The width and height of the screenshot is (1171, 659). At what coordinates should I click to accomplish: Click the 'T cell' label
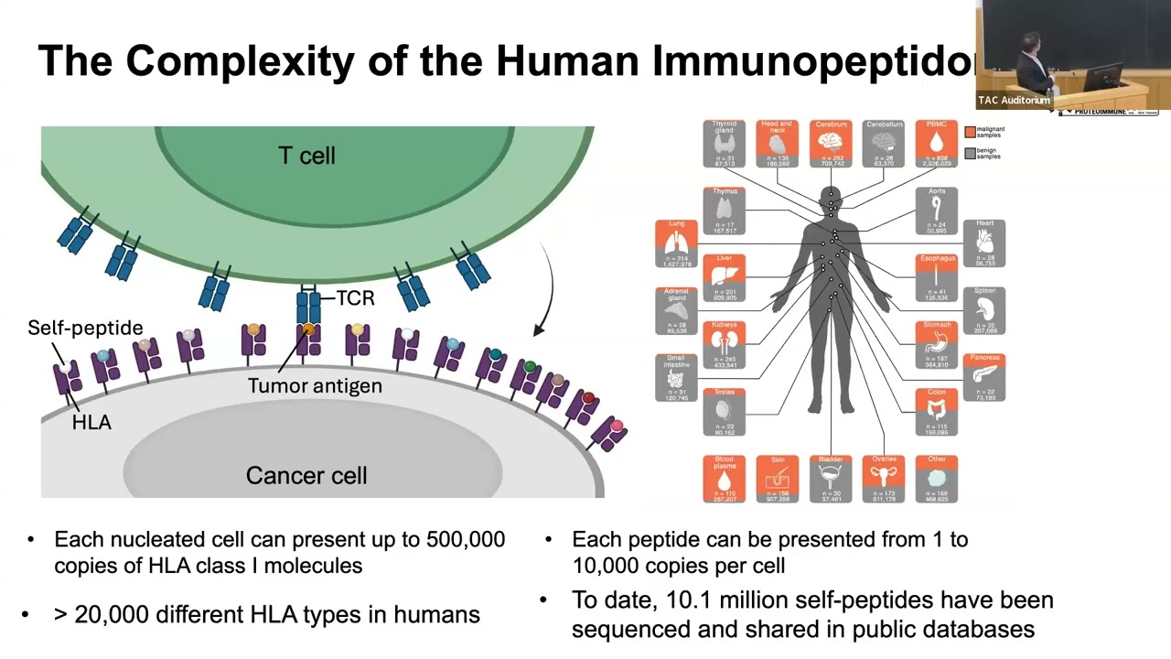tap(306, 156)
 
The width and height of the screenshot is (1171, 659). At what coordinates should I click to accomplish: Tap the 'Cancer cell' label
tap(306, 476)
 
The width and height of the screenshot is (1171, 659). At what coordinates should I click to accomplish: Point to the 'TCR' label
tap(355, 298)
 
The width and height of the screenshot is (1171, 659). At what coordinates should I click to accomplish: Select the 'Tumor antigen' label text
tap(315, 385)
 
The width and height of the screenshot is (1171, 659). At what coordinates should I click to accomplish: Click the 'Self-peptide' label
tap(85, 328)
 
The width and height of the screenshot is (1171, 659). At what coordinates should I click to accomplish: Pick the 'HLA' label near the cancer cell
tap(91, 422)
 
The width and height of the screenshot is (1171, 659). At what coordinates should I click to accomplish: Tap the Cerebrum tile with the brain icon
tap(832, 143)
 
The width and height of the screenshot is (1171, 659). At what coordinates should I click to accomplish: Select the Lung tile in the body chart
tap(676, 243)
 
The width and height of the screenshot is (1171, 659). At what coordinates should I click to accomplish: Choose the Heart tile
tap(984, 243)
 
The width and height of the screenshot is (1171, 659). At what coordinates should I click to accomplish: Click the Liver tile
tap(724, 278)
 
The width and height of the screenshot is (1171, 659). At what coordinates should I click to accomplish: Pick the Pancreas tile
tap(984, 377)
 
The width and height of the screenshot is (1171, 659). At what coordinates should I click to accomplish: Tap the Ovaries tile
tap(884, 479)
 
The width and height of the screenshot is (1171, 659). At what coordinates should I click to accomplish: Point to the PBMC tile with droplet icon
tap(936, 143)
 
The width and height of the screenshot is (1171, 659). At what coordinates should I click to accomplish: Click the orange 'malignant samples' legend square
tap(970, 132)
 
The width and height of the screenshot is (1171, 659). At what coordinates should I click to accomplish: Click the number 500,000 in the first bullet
tap(466, 539)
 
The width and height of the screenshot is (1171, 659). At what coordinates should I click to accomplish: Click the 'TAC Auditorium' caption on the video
tap(1014, 100)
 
